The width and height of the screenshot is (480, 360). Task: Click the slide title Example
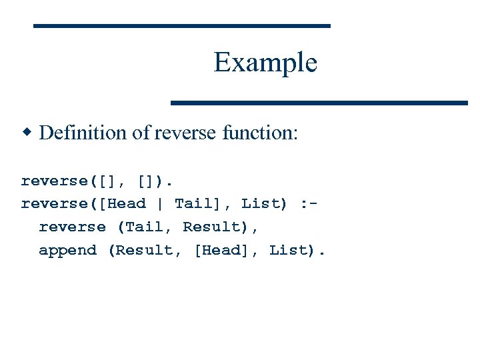(x=265, y=63)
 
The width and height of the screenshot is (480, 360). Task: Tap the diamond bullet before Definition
(x=27, y=132)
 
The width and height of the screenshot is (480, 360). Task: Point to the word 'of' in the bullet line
(x=141, y=133)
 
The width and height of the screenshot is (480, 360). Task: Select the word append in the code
(x=67, y=251)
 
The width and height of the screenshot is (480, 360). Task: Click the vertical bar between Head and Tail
(x=160, y=203)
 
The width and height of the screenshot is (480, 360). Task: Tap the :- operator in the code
(x=309, y=203)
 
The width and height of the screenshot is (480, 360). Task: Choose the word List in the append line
(x=289, y=251)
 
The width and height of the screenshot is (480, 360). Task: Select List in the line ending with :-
(x=261, y=203)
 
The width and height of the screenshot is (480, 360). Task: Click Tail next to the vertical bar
(x=193, y=203)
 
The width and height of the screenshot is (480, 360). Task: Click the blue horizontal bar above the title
(x=182, y=25)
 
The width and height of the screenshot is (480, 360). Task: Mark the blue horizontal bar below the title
(x=319, y=103)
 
